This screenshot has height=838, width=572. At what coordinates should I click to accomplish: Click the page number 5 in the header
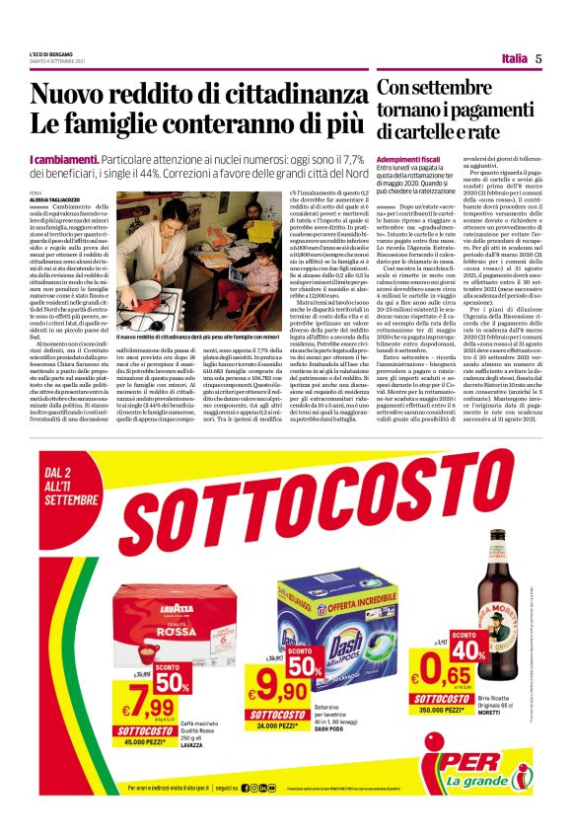click(538, 58)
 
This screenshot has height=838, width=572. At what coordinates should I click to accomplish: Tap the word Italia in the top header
click(514, 58)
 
